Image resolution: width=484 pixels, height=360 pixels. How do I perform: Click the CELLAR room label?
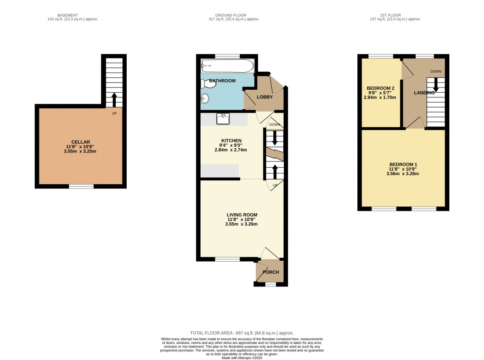point(80,142)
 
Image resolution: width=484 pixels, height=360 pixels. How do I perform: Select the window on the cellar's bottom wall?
point(81,187)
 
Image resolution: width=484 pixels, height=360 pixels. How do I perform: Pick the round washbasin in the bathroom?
point(205,99)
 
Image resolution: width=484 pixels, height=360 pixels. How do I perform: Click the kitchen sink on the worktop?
point(223,118)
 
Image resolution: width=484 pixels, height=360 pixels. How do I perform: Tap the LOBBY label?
point(265,97)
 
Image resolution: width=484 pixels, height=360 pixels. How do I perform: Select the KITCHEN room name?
point(231,141)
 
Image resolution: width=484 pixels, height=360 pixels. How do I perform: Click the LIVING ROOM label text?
point(241,215)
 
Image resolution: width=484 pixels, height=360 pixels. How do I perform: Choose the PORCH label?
point(270,272)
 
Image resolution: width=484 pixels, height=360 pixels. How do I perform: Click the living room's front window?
point(227,259)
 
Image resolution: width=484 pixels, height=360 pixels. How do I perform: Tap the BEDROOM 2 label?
point(381,88)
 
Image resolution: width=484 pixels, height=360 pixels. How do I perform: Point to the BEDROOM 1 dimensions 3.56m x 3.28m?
point(402,174)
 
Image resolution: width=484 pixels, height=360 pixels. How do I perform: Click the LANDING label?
point(424,93)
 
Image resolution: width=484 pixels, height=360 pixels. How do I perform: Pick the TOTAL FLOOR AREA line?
point(242,333)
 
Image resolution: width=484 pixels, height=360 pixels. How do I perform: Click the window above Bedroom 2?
point(381,56)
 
